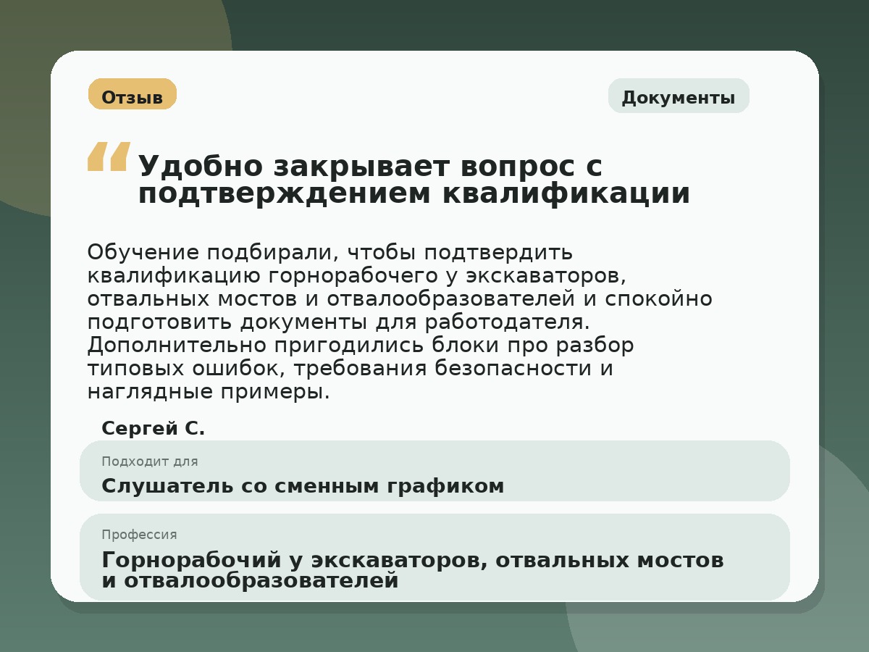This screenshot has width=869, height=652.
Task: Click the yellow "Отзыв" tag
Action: (x=132, y=95)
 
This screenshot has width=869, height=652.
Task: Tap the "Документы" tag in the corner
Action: (x=678, y=97)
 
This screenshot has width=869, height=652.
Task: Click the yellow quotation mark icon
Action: (x=109, y=156)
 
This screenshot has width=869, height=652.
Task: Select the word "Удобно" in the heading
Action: (x=200, y=167)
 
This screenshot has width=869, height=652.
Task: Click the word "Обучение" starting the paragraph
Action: (x=142, y=253)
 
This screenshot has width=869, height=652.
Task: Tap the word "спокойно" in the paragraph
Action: (x=667, y=299)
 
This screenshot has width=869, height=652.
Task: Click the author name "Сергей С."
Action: (x=154, y=429)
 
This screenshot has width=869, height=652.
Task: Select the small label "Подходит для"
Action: (x=149, y=461)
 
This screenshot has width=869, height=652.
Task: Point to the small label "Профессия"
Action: (x=139, y=535)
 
